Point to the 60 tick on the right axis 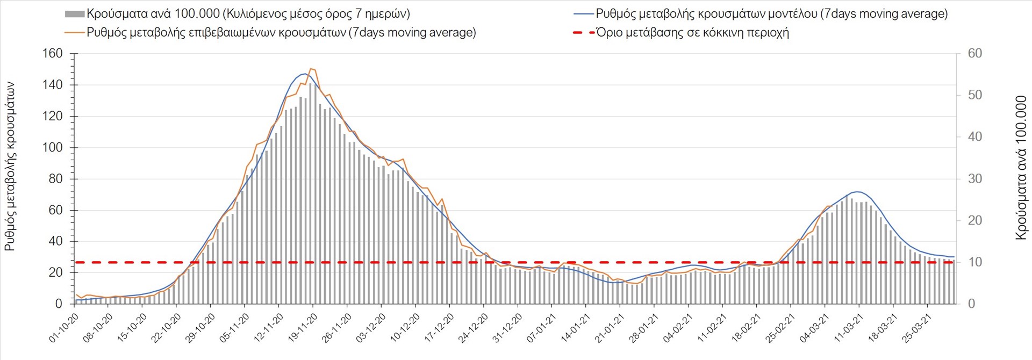[974, 54]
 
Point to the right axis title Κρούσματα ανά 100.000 [1021, 168]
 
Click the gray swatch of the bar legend [74, 14]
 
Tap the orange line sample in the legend [75, 32]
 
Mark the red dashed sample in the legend [583, 32]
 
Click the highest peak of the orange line [311, 69]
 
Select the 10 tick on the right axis [974, 262]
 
